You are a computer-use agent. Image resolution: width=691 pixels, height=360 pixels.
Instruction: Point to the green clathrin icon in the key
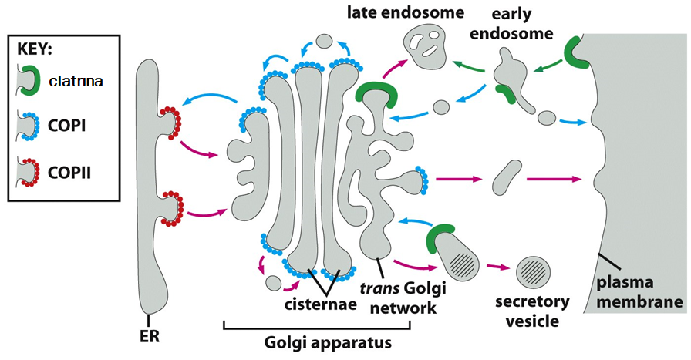pyautogui.click(x=30, y=79)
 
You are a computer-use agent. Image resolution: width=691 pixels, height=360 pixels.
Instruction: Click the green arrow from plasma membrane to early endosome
pyautogui.click(x=544, y=71)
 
